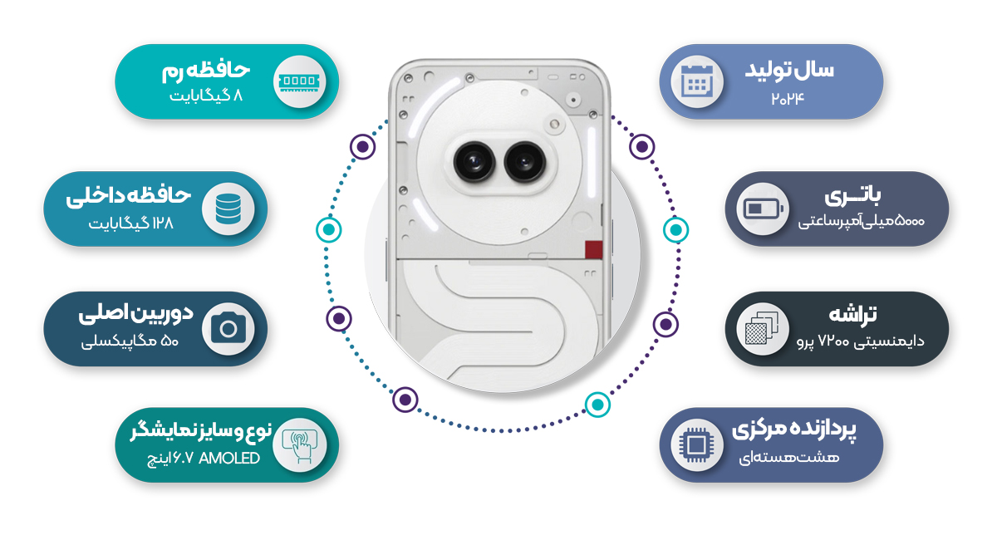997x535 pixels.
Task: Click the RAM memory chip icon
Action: pyautogui.click(x=298, y=81)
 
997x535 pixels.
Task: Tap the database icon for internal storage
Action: pyautogui.click(x=227, y=209)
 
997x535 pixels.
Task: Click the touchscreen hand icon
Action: pyautogui.click(x=298, y=444)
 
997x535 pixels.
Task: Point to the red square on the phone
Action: pyautogui.click(x=593, y=250)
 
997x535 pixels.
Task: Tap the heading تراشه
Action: pyautogui.click(x=853, y=316)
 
